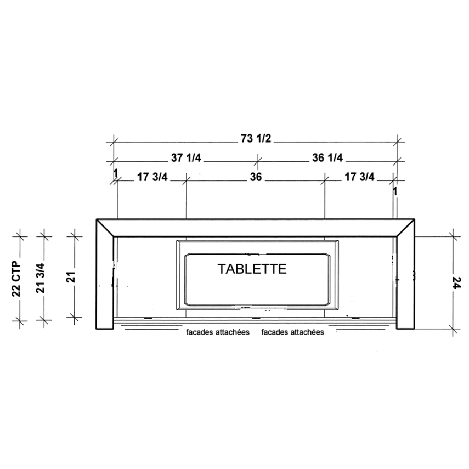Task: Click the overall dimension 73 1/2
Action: coord(256,138)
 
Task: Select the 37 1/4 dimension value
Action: coord(186,157)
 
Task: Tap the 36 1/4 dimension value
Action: coord(327,157)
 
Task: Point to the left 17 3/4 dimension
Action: coord(152,177)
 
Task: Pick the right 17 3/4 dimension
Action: coord(359,177)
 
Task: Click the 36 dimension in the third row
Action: coord(256,177)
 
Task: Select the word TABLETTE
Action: coord(252,269)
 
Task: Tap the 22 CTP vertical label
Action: coord(16,279)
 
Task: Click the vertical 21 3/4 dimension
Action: coord(41,278)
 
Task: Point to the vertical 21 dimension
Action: coord(71,277)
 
